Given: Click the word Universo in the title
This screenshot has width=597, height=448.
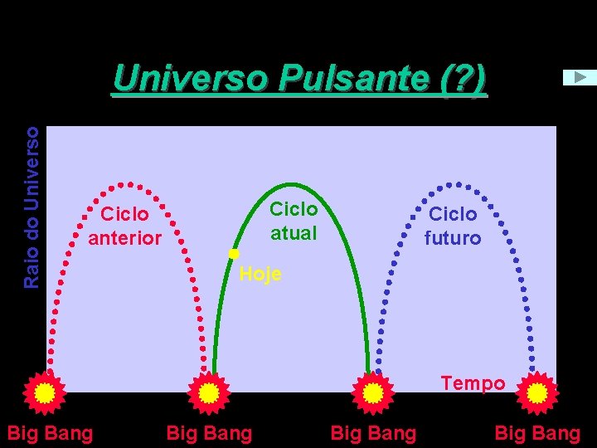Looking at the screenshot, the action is [191, 79].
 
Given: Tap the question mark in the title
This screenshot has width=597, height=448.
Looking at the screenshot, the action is [458, 79].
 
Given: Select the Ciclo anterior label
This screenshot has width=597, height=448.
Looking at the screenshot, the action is [124, 226].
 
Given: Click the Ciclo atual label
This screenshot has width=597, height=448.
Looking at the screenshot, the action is [294, 221].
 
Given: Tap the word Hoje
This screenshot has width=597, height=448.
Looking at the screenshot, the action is [260, 274].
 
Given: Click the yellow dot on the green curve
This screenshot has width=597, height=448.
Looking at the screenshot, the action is [234, 252].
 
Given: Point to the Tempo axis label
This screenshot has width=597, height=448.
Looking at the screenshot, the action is [473, 383].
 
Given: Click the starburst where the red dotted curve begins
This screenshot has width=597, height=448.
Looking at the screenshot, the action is [45, 392].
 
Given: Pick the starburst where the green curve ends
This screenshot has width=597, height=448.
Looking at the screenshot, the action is [372, 392].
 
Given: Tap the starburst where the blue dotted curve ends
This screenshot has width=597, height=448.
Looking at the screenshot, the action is [536, 392].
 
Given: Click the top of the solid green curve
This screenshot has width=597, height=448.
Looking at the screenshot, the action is [290, 182].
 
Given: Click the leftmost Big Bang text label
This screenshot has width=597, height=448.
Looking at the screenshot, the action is [50, 432].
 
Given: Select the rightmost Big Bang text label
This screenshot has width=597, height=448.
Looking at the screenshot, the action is [537, 432].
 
